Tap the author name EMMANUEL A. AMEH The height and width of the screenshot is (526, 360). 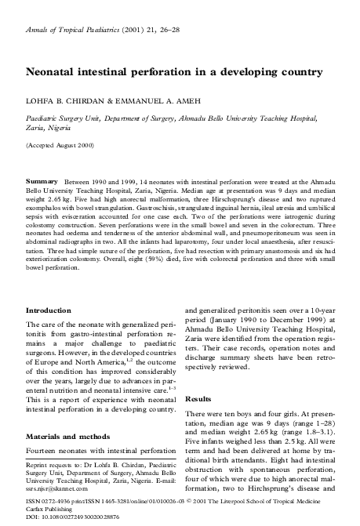coord(153,98)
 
